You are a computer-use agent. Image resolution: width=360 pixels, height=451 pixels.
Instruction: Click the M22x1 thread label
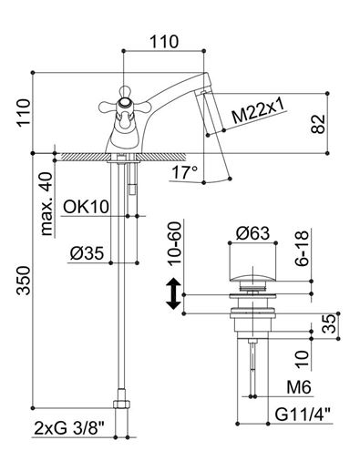point(259,111)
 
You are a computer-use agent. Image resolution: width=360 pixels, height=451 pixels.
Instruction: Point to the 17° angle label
point(185,172)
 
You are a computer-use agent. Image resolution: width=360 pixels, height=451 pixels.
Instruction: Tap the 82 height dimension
point(318,124)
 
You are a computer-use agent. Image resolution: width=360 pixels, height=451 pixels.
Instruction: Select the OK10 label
point(86,207)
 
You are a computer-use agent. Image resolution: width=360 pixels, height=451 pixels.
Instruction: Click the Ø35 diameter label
point(87,253)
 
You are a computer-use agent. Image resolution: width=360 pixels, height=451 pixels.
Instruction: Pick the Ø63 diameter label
point(252,233)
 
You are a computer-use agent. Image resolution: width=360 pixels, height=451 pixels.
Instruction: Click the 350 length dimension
point(24,281)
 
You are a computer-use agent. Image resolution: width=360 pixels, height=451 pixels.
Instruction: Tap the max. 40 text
point(46,204)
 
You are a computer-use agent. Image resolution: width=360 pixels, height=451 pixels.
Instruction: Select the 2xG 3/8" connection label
point(69,428)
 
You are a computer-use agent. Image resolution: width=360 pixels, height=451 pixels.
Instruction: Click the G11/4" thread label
point(303,415)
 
